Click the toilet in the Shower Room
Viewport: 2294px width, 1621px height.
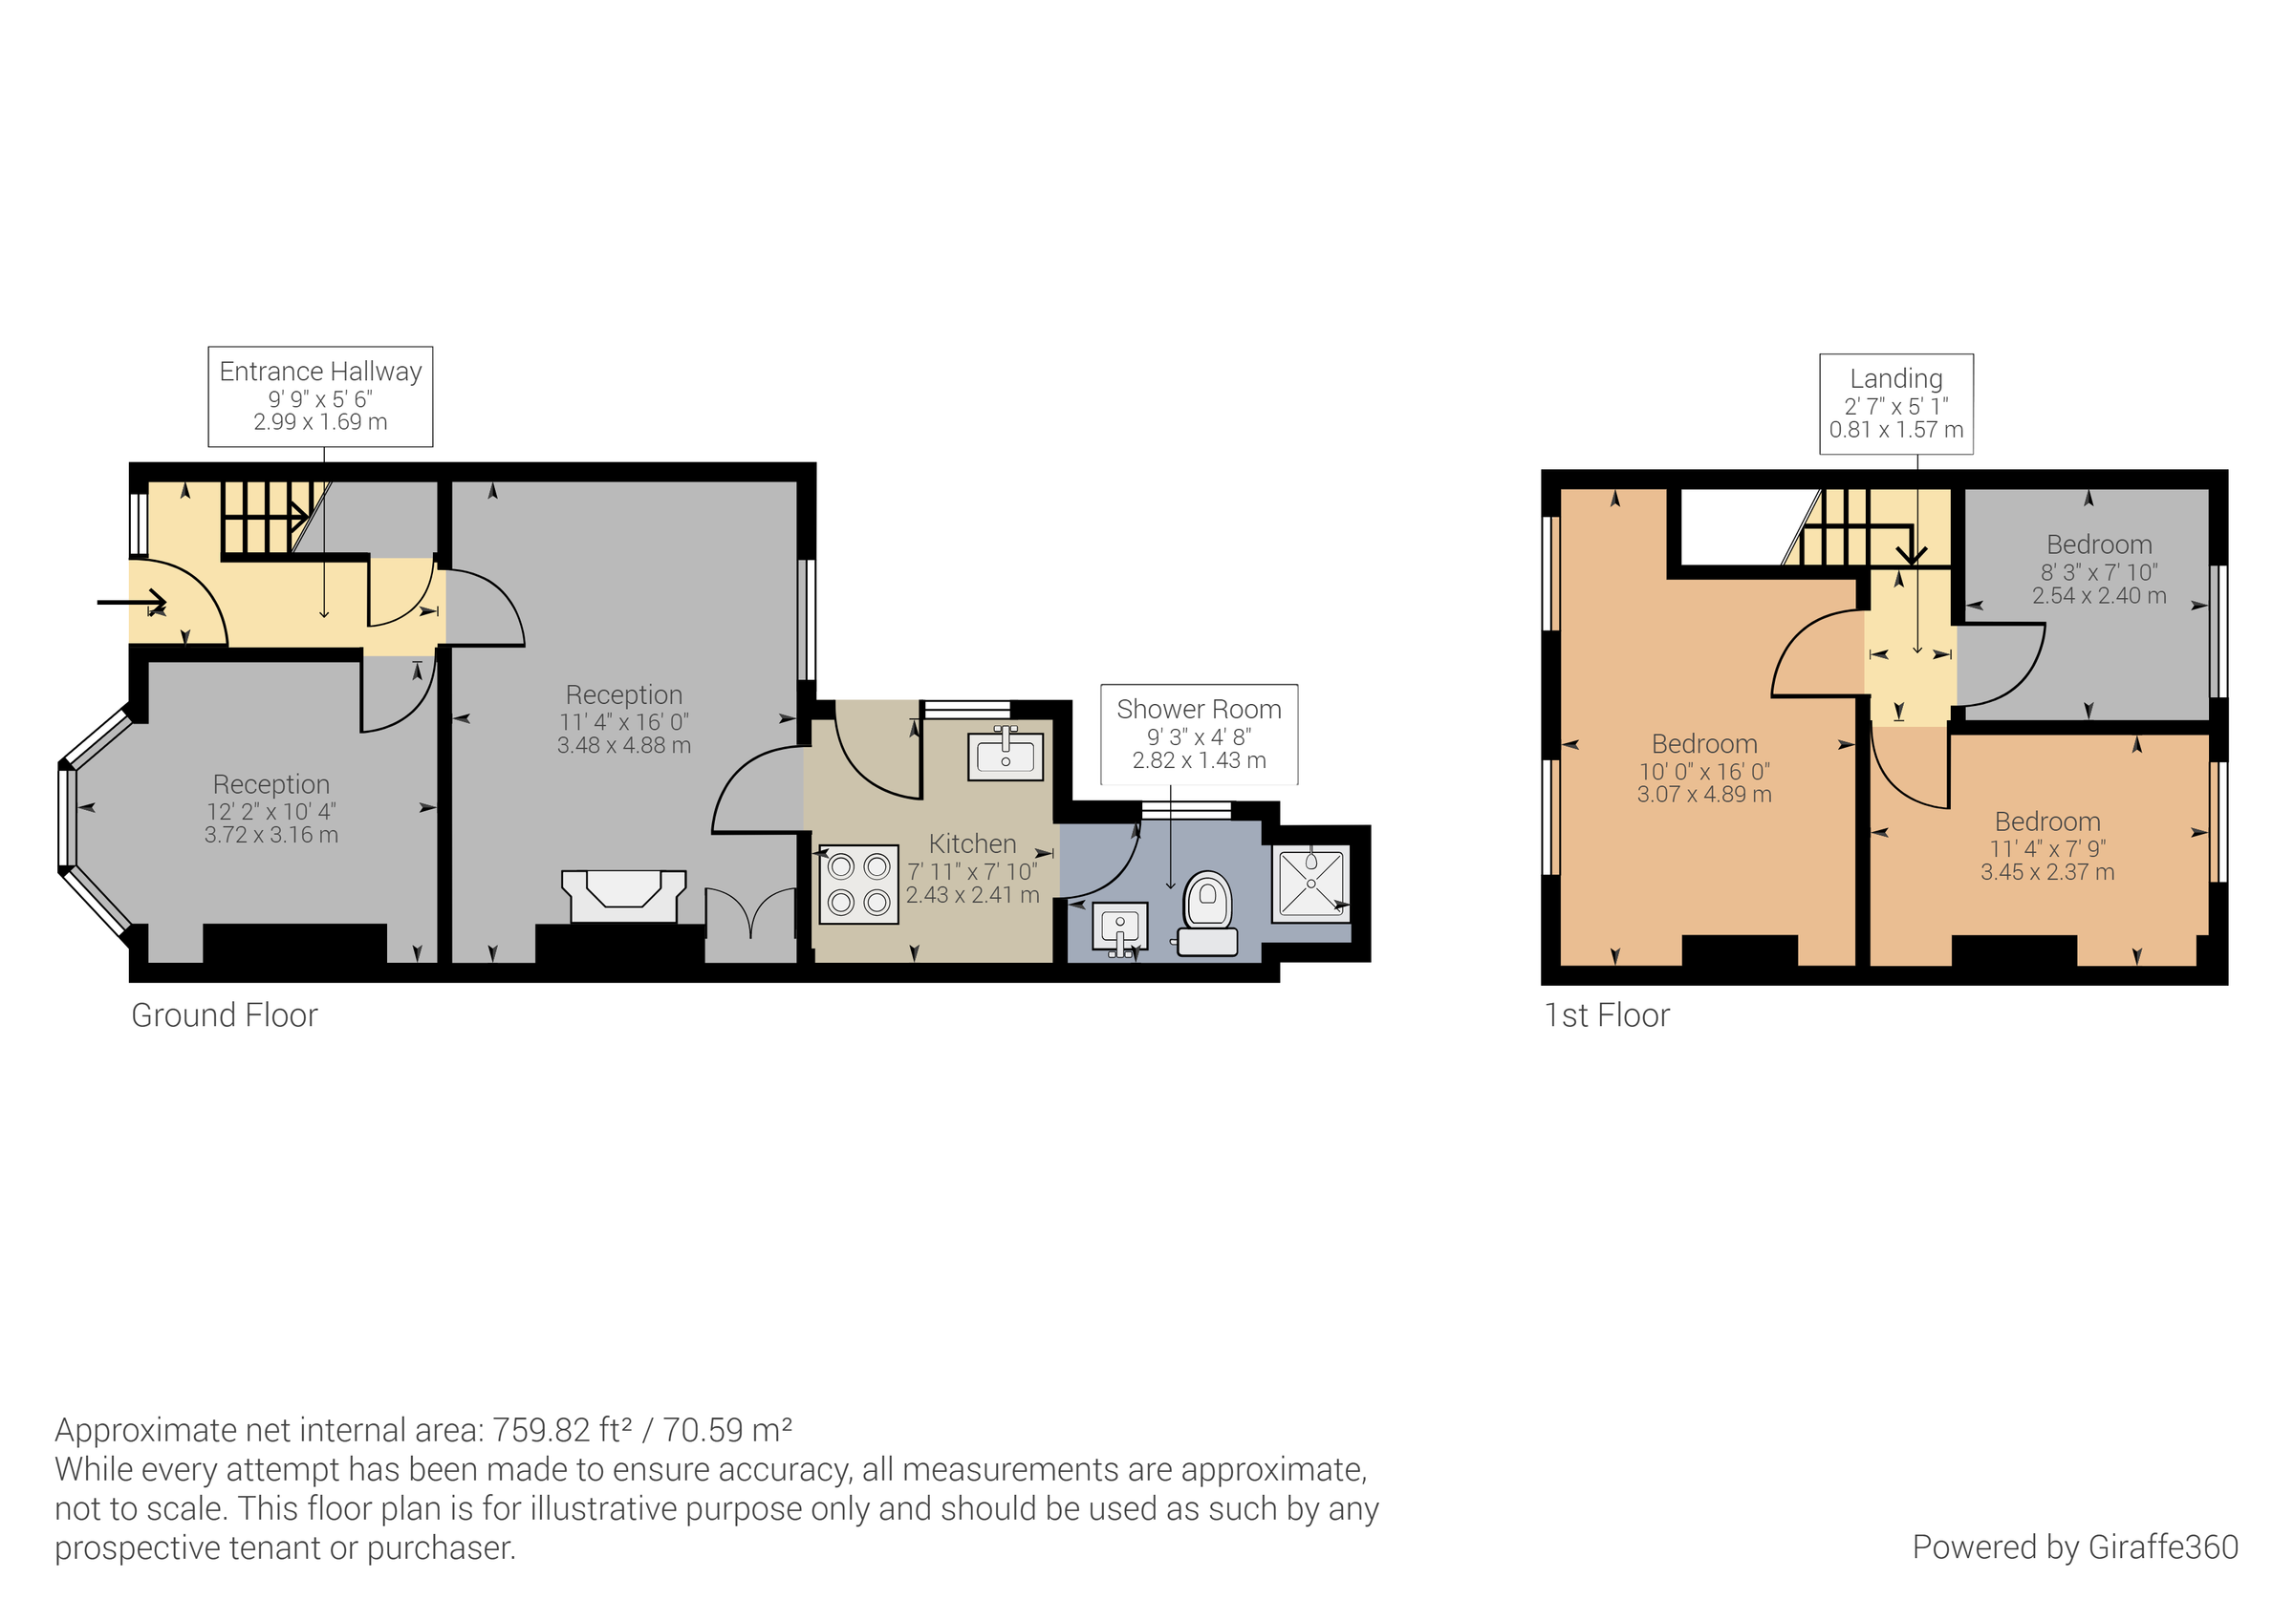pyautogui.click(x=1208, y=913)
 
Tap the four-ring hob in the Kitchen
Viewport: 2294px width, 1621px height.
pyautogui.click(x=858, y=885)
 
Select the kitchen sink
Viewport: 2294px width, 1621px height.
pyautogui.click(x=1006, y=755)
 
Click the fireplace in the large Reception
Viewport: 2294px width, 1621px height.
pyautogui.click(x=623, y=896)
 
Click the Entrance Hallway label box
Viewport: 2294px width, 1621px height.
pyautogui.click(x=319, y=396)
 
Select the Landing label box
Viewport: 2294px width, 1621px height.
pyautogui.click(x=1895, y=403)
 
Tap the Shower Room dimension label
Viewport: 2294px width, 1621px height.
pyautogui.click(x=1198, y=736)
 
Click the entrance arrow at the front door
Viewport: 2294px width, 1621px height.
pyautogui.click(x=131, y=602)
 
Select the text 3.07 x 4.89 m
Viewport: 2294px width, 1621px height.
pyautogui.click(x=1703, y=795)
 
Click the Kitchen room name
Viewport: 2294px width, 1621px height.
pyautogui.click(x=972, y=844)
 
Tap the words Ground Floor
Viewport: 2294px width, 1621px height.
pyautogui.click(x=224, y=1015)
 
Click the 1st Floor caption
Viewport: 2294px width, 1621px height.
pyautogui.click(x=1607, y=1015)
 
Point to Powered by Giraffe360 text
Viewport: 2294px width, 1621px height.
pyautogui.click(x=2074, y=1547)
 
